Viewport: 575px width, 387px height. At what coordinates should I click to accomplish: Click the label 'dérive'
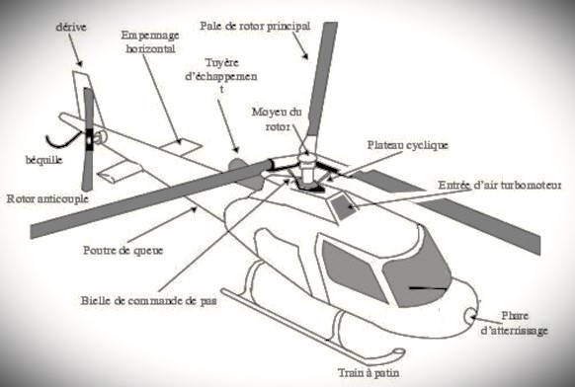point(71,27)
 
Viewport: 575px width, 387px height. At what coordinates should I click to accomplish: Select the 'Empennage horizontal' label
point(150,42)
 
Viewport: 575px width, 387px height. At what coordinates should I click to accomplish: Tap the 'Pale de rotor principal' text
point(255,27)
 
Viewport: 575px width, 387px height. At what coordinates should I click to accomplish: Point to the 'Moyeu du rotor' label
point(277,119)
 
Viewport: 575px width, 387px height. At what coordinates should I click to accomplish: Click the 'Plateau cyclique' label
point(408,145)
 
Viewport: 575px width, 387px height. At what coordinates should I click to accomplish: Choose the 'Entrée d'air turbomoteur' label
point(500,185)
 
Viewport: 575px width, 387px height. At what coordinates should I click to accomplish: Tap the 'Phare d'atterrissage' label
point(515,323)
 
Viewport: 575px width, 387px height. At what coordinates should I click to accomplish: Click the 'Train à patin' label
point(369,373)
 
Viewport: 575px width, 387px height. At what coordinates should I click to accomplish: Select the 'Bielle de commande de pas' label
point(148,300)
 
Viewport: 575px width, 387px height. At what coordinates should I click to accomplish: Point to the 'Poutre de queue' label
point(123,251)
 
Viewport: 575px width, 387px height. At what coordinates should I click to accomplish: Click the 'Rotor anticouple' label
point(47,198)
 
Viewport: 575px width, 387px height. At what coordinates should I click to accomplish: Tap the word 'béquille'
point(43,160)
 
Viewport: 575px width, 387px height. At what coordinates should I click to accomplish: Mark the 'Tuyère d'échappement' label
point(221,76)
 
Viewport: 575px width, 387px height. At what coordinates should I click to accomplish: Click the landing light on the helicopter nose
point(470,316)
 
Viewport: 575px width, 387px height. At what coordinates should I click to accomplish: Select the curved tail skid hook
point(63,140)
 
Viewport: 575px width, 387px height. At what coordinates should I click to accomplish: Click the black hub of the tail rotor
point(89,139)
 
